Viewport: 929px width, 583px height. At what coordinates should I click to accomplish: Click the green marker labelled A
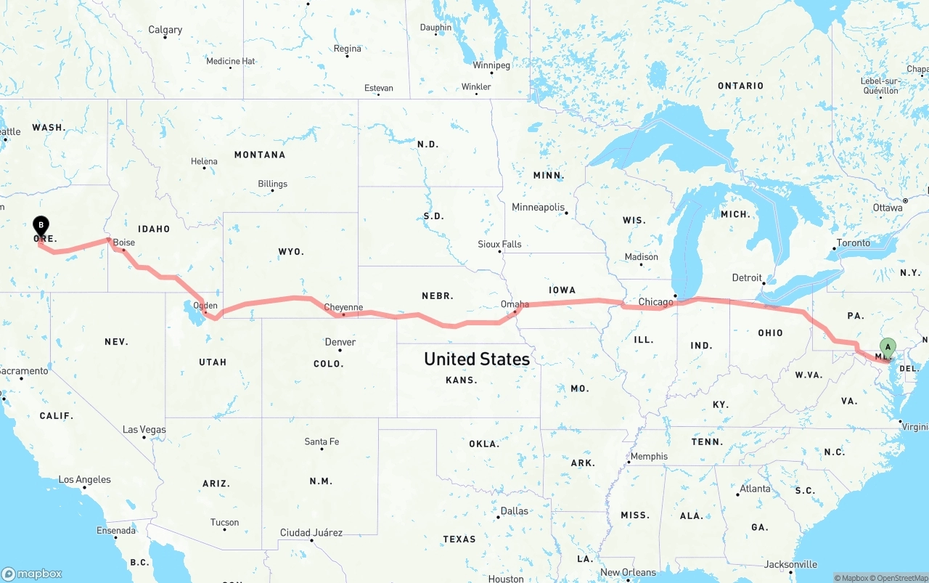click(x=888, y=348)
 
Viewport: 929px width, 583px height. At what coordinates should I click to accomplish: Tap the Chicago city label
click(x=655, y=302)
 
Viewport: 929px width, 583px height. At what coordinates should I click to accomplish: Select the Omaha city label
click(x=515, y=304)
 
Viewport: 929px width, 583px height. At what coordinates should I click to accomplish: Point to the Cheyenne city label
click(x=343, y=307)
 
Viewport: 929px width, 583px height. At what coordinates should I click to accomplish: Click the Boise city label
click(x=123, y=242)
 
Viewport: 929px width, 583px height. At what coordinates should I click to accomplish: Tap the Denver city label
click(x=340, y=342)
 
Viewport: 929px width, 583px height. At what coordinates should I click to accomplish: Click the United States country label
click(x=477, y=359)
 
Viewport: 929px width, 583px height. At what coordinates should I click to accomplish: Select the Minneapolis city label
click(x=538, y=208)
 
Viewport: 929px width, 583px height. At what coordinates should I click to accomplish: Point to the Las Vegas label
click(x=144, y=430)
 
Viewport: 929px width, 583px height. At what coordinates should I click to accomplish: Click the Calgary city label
click(x=165, y=30)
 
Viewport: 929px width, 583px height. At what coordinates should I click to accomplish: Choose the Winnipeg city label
click(x=491, y=65)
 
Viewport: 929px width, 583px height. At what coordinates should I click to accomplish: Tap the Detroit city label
click(x=747, y=277)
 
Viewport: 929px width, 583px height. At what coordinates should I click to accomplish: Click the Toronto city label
click(x=853, y=242)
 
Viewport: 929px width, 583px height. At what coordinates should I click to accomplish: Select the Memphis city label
click(x=648, y=456)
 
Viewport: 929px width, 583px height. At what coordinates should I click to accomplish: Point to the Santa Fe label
click(x=322, y=441)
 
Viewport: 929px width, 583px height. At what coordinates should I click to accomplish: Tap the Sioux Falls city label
click(x=499, y=244)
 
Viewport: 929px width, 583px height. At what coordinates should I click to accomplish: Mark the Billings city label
click(x=272, y=184)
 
